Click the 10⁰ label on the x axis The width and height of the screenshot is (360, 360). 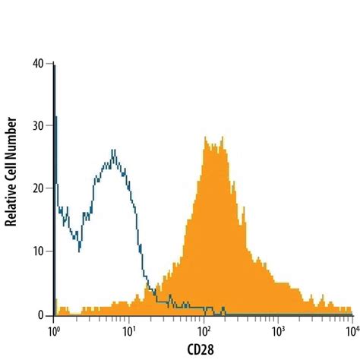coord(54,332)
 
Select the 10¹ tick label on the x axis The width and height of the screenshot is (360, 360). coord(129,332)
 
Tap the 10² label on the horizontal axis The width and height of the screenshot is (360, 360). coord(204,332)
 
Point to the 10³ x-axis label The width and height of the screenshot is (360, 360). coord(278,332)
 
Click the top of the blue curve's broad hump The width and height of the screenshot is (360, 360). coord(113,150)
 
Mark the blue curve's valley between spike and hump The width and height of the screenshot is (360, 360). coord(78,248)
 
